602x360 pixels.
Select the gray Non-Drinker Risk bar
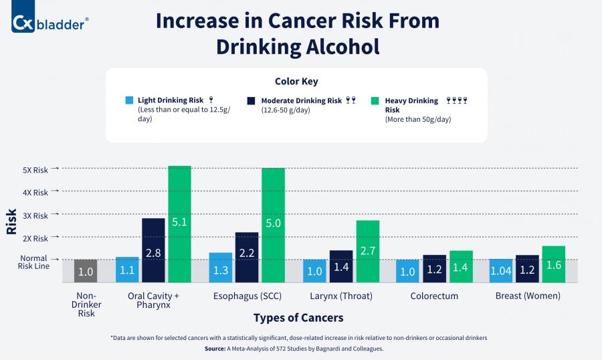pyautogui.click(x=86, y=270)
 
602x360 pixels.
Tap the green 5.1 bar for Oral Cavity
pyautogui.click(x=179, y=223)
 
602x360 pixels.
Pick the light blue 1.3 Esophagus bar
pyautogui.click(x=221, y=267)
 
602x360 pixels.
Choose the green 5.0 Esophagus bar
pyautogui.click(x=273, y=224)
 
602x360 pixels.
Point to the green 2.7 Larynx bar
pyautogui.click(x=367, y=251)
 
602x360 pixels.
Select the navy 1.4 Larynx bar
pyautogui.click(x=341, y=266)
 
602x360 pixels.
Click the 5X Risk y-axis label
pyautogui.click(x=35, y=170)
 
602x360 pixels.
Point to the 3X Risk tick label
pyautogui.click(x=35, y=216)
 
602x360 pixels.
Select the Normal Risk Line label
pyautogui.click(x=33, y=262)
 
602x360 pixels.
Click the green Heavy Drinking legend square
pyautogui.click(x=375, y=101)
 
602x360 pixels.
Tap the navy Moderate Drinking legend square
pyautogui.click(x=251, y=101)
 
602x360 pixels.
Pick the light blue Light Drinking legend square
pyautogui.click(x=129, y=101)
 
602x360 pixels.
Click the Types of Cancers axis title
pyautogui.click(x=298, y=317)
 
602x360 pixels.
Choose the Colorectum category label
pyautogui.click(x=434, y=296)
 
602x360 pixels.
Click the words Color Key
pyautogui.click(x=296, y=82)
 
